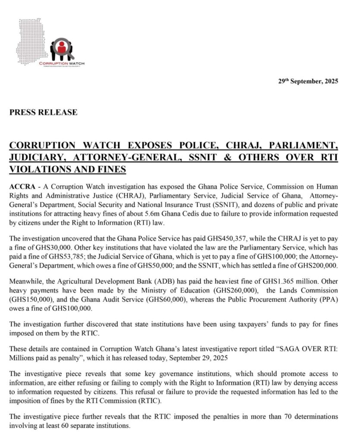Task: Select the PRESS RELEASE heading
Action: click(x=44, y=113)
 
